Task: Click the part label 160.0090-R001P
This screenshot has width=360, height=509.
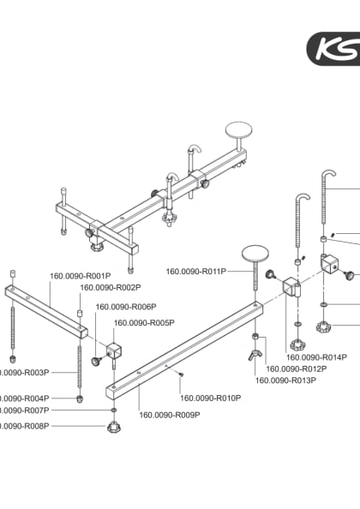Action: click(81, 276)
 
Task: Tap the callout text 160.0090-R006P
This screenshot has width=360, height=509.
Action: click(125, 307)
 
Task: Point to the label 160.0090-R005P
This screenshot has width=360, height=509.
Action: click(144, 323)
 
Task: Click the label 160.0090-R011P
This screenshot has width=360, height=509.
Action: click(195, 272)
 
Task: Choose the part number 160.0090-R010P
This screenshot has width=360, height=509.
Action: click(210, 398)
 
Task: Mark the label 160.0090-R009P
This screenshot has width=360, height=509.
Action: click(170, 415)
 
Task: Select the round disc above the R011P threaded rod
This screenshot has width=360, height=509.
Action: click(255, 254)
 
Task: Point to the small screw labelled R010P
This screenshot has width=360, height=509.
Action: click(181, 374)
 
